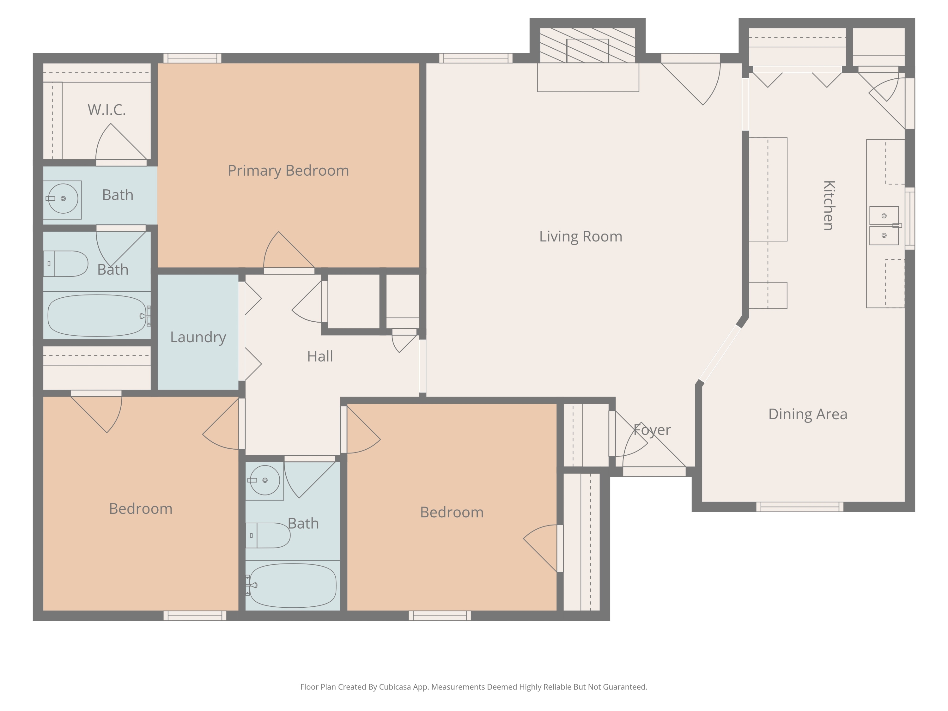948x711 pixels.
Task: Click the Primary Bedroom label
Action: [x=289, y=171]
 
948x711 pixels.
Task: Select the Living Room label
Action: [x=581, y=236]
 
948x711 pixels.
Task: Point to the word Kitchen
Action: [x=829, y=205]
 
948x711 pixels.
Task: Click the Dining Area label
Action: [x=808, y=414]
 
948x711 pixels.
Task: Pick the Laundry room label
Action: [x=198, y=337]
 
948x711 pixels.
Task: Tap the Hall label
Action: [x=320, y=356]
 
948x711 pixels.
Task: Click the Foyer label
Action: [x=652, y=430]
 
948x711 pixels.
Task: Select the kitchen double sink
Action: [x=884, y=225]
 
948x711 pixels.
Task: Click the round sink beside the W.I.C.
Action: [x=63, y=198]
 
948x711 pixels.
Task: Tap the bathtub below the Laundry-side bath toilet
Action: [x=97, y=315]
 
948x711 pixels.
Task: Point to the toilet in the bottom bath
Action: [x=268, y=535]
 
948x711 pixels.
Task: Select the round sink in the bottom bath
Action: [x=265, y=480]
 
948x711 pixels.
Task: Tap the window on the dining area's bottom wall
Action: [x=800, y=507]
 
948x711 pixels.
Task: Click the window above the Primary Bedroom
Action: [x=192, y=58]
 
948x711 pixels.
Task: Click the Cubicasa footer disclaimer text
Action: [x=474, y=687]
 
